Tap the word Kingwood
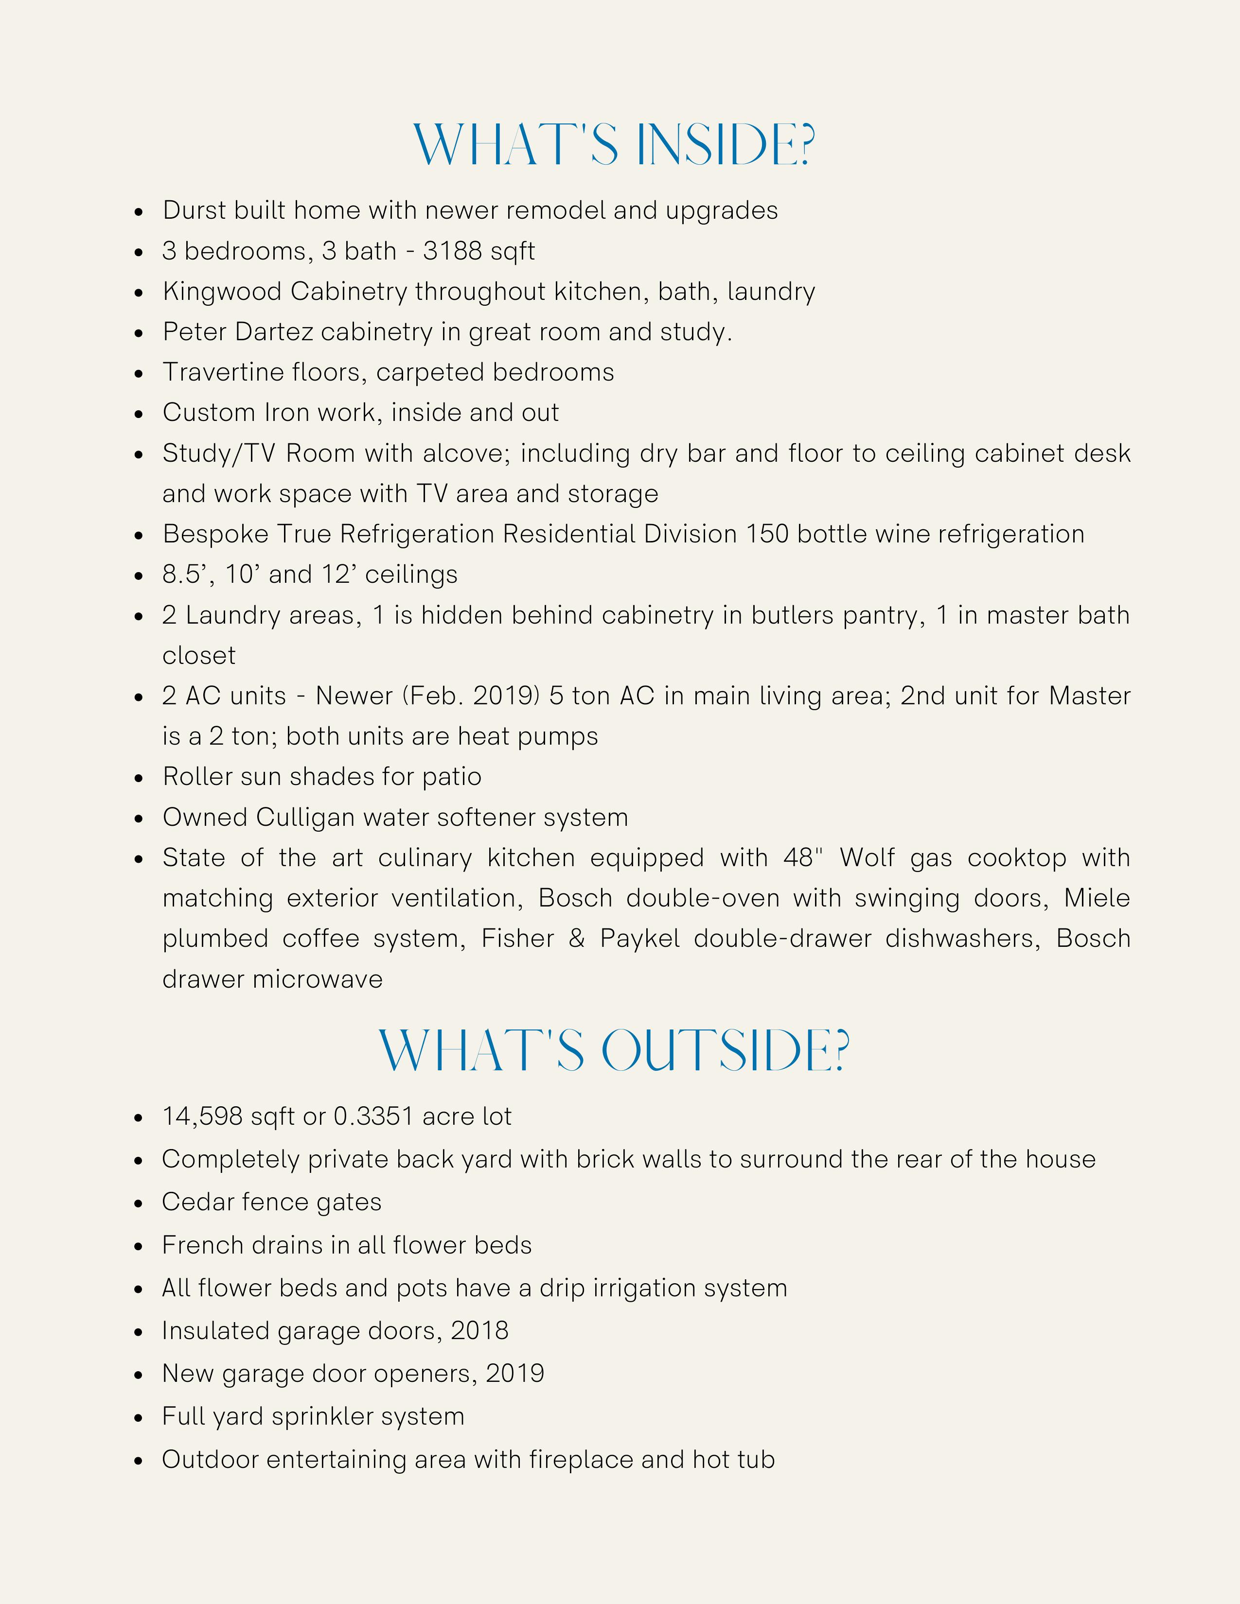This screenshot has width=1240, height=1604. pyautogui.click(x=223, y=292)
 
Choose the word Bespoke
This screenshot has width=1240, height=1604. pyautogui.click(x=215, y=534)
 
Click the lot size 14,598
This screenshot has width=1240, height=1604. pyautogui.click(x=202, y=1117)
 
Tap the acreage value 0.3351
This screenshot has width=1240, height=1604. pyautogui.click(x=373, y=1117)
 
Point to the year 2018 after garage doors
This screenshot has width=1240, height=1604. pyautogui.click(x=479, y=1331)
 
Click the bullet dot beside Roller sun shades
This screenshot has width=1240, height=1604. pyautogui.click(x=139, y=778)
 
